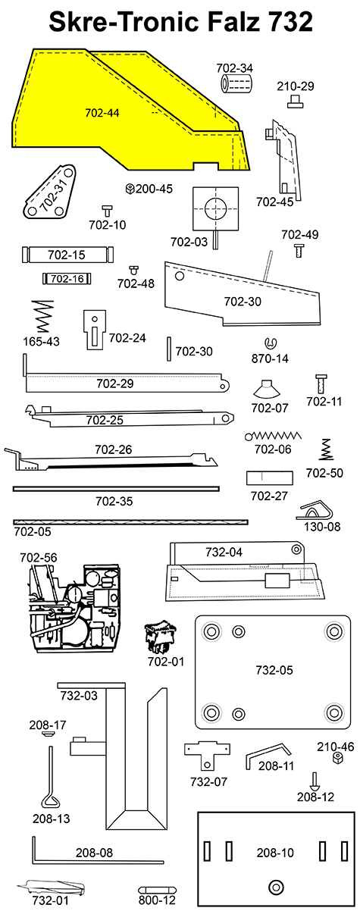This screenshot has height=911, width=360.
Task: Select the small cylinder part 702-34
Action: tap(236, 84)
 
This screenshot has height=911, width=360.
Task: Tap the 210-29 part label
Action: tap(296, 86)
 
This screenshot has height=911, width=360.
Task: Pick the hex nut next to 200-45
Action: tap(130, 189)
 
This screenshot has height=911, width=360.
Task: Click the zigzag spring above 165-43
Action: tap(43, 317)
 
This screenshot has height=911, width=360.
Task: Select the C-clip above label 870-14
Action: tap(270, 343)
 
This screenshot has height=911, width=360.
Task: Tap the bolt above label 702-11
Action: tap(321, 384)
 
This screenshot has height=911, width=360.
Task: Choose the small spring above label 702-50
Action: tap(325, 449)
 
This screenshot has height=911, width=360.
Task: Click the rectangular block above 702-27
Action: tap(269, 478)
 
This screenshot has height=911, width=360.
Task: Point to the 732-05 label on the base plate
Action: tap(274, 670)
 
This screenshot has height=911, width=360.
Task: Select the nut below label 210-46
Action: tap(337, 758)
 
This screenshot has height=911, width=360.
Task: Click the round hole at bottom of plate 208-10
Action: tap(276, 888)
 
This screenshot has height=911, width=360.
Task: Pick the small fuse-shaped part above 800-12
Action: tap(157, 890)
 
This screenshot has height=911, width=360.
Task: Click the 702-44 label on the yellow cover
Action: tap(102, 113)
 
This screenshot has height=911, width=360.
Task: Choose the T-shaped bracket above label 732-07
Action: tap(207, 754)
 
